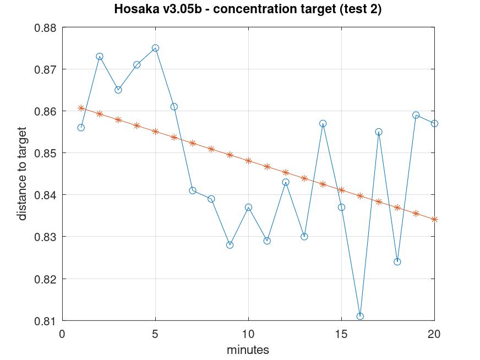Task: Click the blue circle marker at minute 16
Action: coord(360,316)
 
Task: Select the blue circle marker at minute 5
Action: coord(155,48)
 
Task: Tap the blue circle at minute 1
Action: coord(81,128)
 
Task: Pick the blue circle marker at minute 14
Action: coord(323,123)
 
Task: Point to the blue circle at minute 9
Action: coord(230,245)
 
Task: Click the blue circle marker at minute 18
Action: coord(397,261)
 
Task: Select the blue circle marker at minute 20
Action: coord(434,123)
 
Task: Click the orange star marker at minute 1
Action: coord(81,108)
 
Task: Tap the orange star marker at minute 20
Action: coord(434,219)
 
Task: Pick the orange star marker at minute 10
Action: coord(248,161)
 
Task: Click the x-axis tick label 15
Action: coord(341,333)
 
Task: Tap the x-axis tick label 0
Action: coord(62,333)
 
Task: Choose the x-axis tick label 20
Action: coord(434,333)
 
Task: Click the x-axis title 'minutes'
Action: coord(248,350)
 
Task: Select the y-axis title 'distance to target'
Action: coord(22,173)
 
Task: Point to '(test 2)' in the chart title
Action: coord(359,9)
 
